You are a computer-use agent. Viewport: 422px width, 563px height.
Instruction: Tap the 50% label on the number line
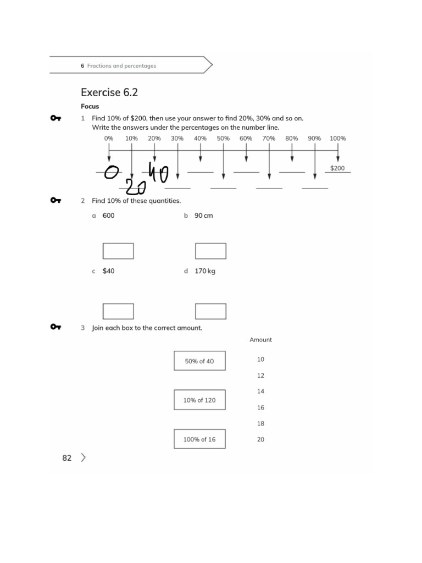pyautogui.click(x=223, y=139)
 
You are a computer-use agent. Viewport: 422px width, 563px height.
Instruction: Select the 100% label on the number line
pyautogui.click(x=337, y=139)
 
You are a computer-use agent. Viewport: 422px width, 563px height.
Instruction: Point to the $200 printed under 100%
pyautogui.click(x=337, y=168)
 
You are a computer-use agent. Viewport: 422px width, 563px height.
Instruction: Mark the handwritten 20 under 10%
pyautogui.click(x=135, y=187)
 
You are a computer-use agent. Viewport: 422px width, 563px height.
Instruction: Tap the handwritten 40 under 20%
pyautogui.click(x=158, y=175)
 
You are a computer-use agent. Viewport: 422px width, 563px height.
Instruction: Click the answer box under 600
pyautogui.click(x=118, y=251)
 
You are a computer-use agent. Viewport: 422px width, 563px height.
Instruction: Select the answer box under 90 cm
pyautogui.click(x=210, y=251)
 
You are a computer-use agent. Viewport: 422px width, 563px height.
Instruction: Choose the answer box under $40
pyautogui.click(x=118, y=311)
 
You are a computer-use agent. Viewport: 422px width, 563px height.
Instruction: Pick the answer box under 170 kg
pyautogui.click(x=210, y=311)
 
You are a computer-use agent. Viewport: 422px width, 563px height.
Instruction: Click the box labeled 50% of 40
pyautogui.click(x=199, y=361)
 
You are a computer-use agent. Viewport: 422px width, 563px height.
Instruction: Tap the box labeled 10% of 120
pyautogui.click(x=199, y=400)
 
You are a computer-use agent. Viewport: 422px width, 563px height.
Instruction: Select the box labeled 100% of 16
pyautogui.click(x=199, y=439)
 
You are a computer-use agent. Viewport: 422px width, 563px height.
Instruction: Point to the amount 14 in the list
pyautogui.click(x=260, y=391)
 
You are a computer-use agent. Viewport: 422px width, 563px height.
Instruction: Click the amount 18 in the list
pyautogui.click(x=260, y=424)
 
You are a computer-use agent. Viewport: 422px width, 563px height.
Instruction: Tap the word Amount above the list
pyautogui.click(x=260, y=340)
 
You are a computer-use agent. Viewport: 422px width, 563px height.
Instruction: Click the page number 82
pyautogui.click(x=67, y=458)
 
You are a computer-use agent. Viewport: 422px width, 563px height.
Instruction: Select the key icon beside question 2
pyautogui.click(x=55, y=201)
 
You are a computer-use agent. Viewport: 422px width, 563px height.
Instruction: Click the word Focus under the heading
pyautogui.click(x=90, y=106)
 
